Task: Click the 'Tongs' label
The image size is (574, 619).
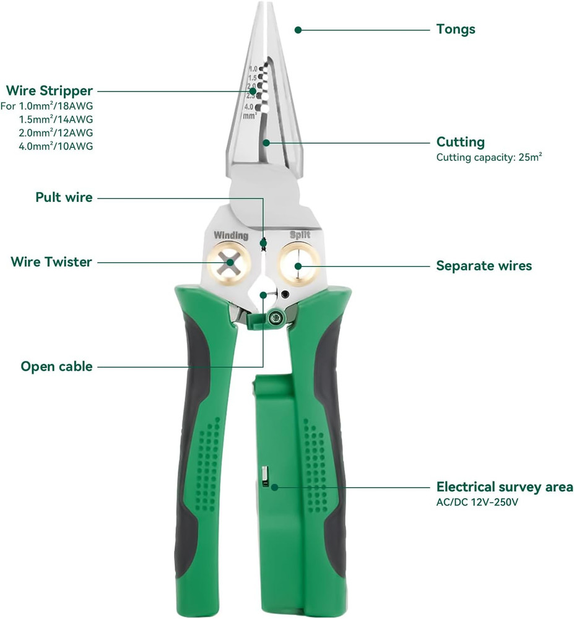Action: [456, 28]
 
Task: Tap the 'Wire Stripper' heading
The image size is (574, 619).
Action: [50, 92]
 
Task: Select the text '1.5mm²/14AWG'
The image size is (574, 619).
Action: [56, 119]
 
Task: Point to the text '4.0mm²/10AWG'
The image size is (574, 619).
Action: [56, 146]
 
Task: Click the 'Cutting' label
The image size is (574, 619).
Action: [460, 142]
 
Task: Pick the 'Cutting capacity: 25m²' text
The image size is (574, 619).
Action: [489, 157]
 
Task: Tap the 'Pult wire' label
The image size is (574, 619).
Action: [64, 198]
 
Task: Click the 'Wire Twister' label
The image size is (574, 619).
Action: [51, 262]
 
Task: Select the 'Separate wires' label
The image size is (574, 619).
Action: [484, 266]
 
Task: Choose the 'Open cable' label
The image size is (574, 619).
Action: [56, 366]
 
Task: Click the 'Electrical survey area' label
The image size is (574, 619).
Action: [505, 487]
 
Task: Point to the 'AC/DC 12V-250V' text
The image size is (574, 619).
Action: [477, 502]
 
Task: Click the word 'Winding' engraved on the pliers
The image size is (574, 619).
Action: [231, 235]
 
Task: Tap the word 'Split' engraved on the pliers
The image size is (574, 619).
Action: [300, 235]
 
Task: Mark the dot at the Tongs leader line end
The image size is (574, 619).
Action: [298, 29]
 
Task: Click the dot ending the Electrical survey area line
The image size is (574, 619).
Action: [274, 487]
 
